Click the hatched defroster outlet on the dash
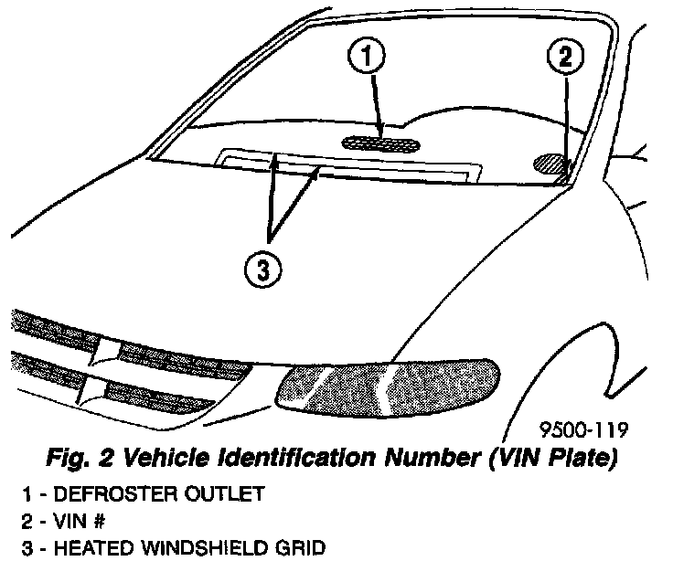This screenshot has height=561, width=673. pyautogui.click(x=379, y=142)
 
